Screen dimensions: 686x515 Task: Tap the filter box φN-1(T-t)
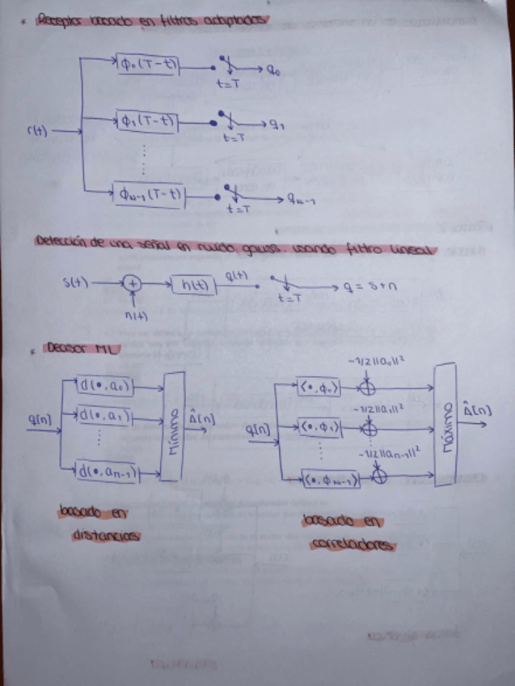click(x=149, y=195)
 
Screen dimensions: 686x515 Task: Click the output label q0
click(x=274, y=70)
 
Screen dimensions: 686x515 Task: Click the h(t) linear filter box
click(x=194, y=285)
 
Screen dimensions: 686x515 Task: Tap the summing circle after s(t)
click(x=132, y=284)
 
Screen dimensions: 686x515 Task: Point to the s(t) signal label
click(x=75, y=282)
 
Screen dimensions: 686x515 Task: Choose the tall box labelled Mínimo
click(x=173, y=426)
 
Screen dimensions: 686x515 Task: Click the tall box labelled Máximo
click(x=445, y=424)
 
